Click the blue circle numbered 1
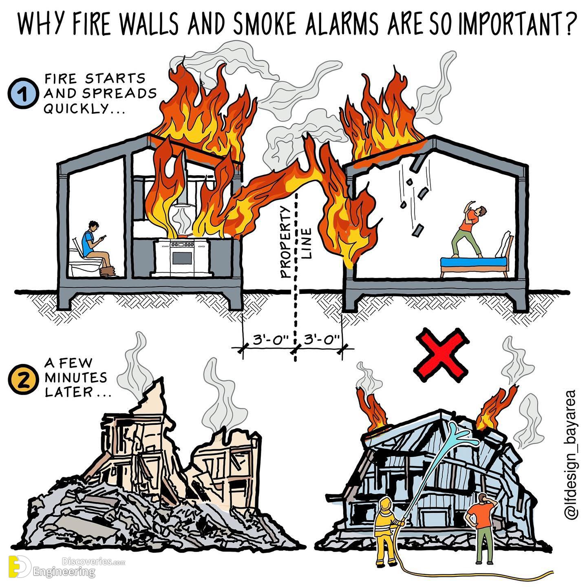pyautogui.click(x=23, y=93)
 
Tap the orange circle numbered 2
pyautogui.click(x=23, y=379)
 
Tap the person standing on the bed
pyautogui.click(x=469, y=228)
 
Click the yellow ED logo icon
pyautogui.click(x=20, y=565)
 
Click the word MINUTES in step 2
pyautogui.click(x=76, y=378)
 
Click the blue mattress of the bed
pyautogui.click(x=474, y=261)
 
